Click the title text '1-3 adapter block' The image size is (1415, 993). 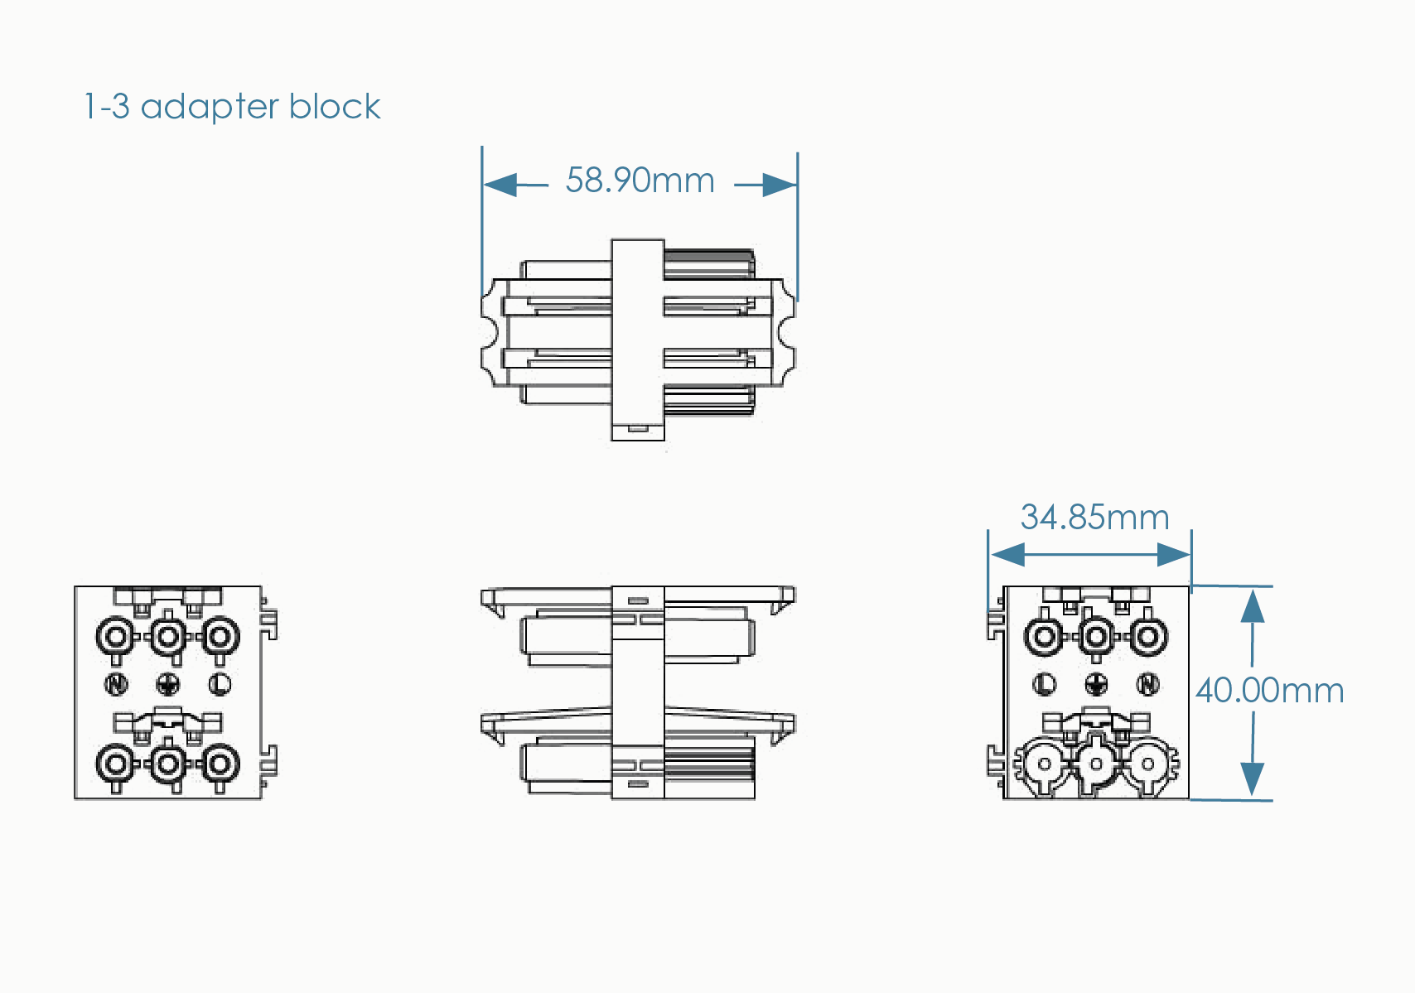coord(232,107)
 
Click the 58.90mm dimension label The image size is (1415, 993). coord(640,181)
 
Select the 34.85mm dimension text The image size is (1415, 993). coord(1094,518)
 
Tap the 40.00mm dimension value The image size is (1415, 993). coord(1269,690)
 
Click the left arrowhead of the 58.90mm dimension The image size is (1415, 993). coord(500,185)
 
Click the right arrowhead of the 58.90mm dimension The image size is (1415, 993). coord(780,185)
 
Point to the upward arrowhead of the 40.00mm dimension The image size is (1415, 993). coord(1252,606)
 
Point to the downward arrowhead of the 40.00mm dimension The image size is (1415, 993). coord(1252,778)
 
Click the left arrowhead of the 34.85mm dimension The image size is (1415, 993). coord(1007,554)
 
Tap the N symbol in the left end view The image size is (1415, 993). coord(117,684)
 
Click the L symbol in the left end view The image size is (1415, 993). coord(220,684)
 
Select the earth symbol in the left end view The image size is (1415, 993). coord(168,684)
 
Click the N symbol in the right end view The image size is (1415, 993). coord(1147,684)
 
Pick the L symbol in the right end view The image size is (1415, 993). coord(1045,684)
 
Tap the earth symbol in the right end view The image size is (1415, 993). coord(1096,684)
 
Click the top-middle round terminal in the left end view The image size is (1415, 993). coord(168,637)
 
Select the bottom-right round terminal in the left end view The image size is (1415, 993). coord(220,764)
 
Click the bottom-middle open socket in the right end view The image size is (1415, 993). coord(1096,764)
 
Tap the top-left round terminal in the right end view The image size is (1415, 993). coord(1044,637)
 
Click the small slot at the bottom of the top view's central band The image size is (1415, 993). coord(637,429)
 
